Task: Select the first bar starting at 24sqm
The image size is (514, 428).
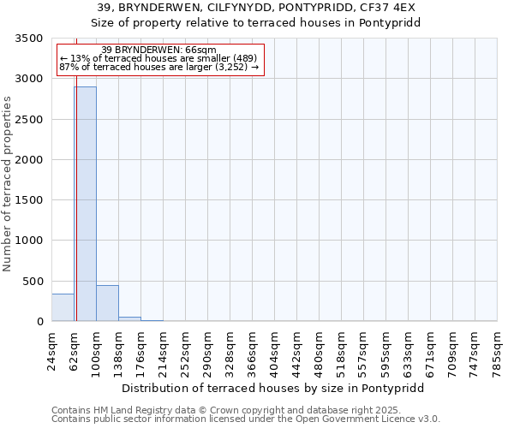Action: pos(63,307)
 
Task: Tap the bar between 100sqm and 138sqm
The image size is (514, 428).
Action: pos(107,303)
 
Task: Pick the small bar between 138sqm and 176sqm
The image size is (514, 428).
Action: pos(129,318)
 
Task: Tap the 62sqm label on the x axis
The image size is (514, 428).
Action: pos(75,350)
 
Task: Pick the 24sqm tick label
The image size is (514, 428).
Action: pos(52,350)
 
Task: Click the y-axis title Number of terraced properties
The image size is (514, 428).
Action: pos(9,183)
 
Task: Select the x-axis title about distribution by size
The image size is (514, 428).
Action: pos(272,388)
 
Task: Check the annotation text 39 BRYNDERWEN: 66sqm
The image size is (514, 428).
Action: pos(158,51)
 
